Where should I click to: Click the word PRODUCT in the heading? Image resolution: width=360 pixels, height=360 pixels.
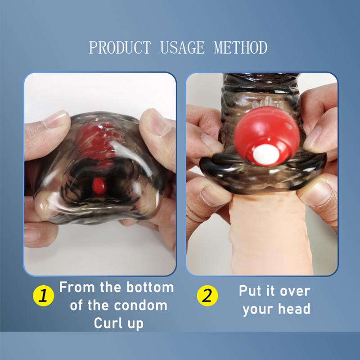(120, 47)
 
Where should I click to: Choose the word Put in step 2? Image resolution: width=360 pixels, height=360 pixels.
(250, 291)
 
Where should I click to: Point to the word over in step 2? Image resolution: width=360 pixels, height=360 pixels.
(295, 291)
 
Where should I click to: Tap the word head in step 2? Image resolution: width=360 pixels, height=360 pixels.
(296, 309)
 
